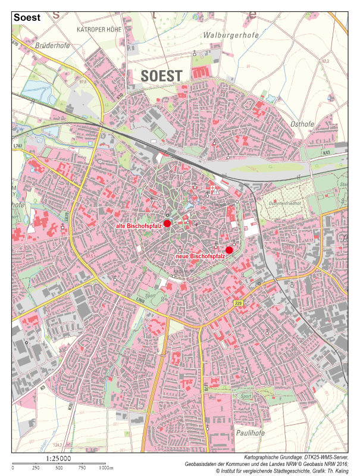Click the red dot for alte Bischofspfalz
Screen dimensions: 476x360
click(x=167, y=223)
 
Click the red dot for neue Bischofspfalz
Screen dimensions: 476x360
click(x=229, y=250)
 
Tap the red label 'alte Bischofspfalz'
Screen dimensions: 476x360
click(x=139, y=227)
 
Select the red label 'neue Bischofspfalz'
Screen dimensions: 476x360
click(x=200, y=256)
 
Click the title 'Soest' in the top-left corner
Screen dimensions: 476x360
click(x=27, y=17)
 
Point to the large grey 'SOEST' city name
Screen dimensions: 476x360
click(x=162, y=76)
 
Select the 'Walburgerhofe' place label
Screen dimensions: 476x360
click(x=231, y=36)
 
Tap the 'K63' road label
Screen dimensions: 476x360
click(x=326, y=153)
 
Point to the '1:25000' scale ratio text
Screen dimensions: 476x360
click(x=58, y=459)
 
